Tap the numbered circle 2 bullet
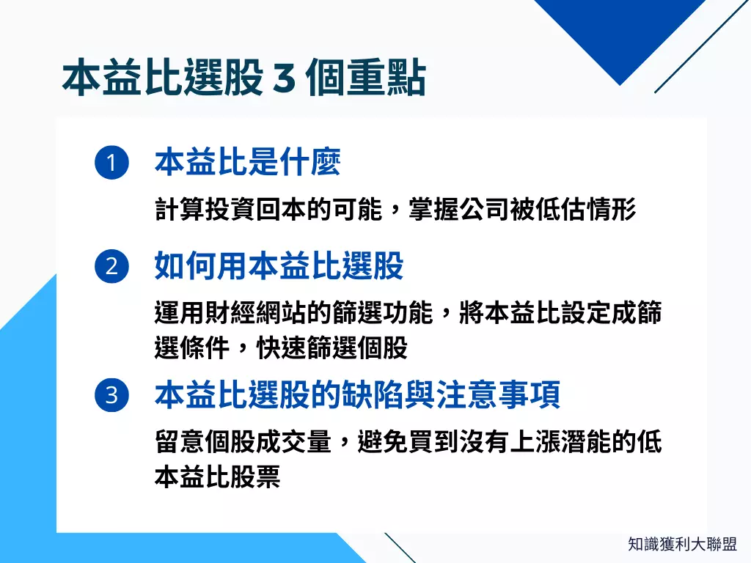111,266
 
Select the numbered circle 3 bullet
111,396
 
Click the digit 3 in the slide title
284,80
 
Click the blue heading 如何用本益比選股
279,266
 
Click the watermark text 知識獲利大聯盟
682,544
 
